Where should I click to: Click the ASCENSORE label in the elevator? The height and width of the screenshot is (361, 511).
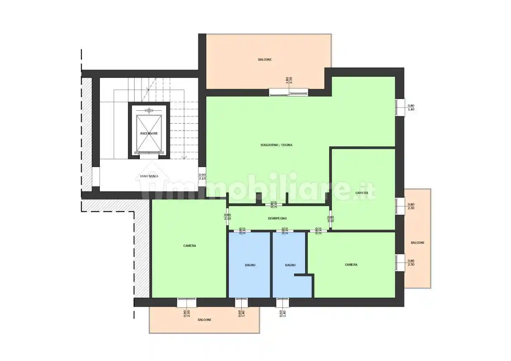coord(149,133)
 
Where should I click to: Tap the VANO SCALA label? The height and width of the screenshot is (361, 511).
coord(149,176)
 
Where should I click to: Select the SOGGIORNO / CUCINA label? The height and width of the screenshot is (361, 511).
coord(276,145)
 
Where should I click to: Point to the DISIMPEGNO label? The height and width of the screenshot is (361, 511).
coord(277,218)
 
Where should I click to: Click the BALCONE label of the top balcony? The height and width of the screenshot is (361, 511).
coord(265,59)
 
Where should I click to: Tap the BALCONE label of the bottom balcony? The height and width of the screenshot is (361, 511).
coord(204,320)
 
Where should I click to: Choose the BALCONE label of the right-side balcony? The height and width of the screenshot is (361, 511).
coord(417,243)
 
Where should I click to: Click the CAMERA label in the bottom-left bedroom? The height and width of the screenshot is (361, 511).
coord(190,246)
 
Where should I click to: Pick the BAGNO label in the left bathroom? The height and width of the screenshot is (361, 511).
coord(250,265)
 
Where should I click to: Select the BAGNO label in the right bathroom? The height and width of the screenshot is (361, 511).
coord(290,265)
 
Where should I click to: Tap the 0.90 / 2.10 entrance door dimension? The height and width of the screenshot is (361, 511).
coord(202,177)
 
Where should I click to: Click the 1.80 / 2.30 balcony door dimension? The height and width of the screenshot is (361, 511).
coord(289,80)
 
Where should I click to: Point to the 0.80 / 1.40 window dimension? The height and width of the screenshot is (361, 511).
coord(411,108)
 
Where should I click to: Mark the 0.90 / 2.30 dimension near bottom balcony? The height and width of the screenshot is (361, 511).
coord(187,314)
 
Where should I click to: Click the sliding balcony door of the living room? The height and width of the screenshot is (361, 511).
coord(289,92)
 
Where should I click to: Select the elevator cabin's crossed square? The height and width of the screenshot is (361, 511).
coord(149,133)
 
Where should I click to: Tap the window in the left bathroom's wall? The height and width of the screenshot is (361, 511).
coord(241,303)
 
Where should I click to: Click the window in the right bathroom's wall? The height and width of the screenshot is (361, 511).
coord(283,303)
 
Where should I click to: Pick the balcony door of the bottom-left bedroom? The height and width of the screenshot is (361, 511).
coord(187,303)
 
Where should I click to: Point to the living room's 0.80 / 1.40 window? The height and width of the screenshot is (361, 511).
coord(400,107)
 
